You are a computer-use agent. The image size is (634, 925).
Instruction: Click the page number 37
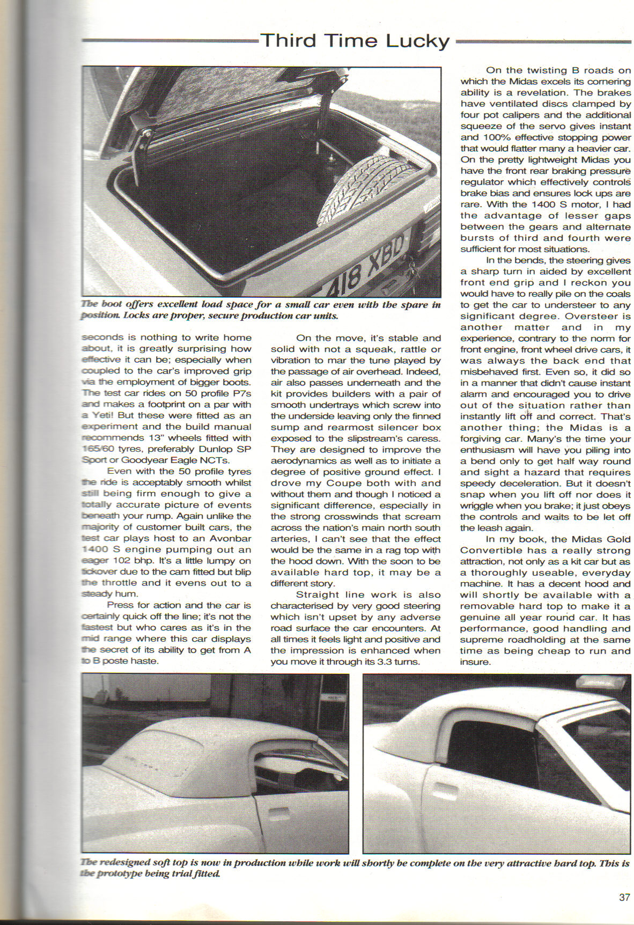(624, 897)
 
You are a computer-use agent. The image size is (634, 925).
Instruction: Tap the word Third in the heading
(287, 41)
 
